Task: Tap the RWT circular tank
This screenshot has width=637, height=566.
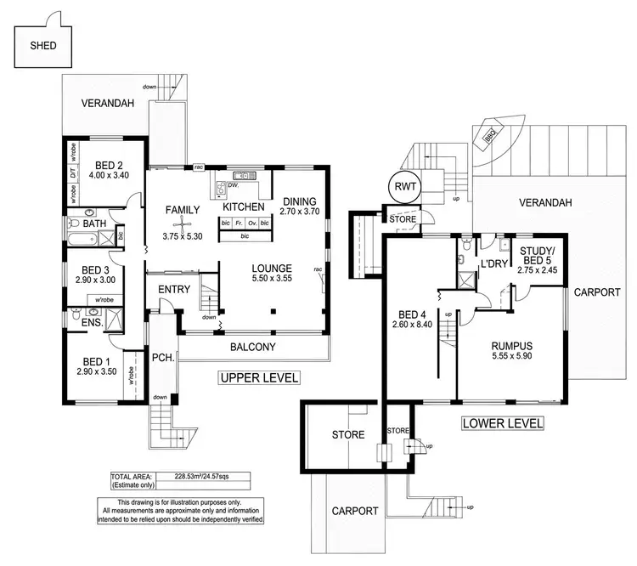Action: (403, 187)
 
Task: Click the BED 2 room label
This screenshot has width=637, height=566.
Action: (110, 165)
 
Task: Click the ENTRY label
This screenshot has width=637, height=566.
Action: (174, 290)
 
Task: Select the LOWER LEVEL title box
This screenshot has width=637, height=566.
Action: (501, 422)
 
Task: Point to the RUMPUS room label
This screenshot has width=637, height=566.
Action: (511, 346)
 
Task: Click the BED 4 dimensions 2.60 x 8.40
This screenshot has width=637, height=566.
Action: (414, 324)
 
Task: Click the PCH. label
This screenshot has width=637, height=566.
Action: (162, 357)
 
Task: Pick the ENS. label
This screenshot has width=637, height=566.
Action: (92, 324)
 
